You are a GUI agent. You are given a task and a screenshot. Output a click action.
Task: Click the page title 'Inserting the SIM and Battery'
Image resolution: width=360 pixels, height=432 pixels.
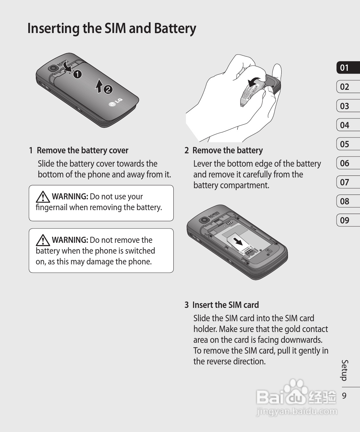pyautogui.click(x=112, y=29)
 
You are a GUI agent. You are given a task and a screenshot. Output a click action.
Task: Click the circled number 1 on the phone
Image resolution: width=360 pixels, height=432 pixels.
pyautogui.click(x=77, y=75)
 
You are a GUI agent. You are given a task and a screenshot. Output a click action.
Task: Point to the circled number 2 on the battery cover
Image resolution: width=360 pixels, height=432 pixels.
pyautogui.click(x=108, y=90)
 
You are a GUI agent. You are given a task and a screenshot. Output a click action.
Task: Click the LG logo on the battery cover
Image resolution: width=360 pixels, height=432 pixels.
pyautogui.click(x=116, y=102)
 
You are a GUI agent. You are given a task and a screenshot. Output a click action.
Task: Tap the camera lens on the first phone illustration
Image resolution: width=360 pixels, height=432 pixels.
pyautogui.click(x=53, y=68)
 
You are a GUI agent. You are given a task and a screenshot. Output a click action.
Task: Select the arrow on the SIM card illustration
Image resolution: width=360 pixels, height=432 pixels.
pyautogui.click(x=238, y=241)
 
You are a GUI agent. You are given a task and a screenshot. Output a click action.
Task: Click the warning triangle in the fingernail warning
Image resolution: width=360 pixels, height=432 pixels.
pyautogui.click(x=43, y=197)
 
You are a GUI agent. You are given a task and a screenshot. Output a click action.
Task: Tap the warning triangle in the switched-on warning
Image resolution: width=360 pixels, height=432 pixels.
pyautogui.click(x=43, y=240)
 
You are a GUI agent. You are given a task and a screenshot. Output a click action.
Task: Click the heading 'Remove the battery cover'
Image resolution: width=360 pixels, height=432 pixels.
pyautogui.click(x=83, y=150)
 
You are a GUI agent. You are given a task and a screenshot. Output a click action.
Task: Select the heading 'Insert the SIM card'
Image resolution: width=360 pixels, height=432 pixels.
pyautogui.click(x=225, y=305)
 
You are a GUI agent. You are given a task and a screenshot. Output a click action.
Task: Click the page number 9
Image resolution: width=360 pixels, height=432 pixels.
pyautogui.click(x=344, y=395)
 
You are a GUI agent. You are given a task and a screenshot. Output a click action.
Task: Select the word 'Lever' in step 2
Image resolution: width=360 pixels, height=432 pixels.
pyautogui.click(x=203, y=164)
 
